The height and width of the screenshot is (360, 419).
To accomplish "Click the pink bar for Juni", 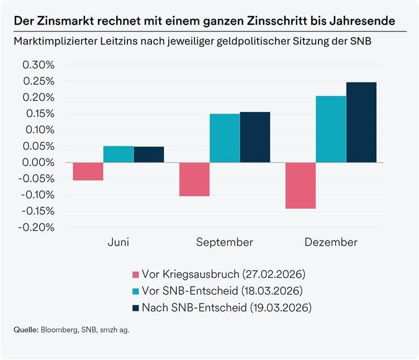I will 88,171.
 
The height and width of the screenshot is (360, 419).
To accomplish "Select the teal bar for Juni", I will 118,154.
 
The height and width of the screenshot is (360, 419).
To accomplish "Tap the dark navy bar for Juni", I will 149,155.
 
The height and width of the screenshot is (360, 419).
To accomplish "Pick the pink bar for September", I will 194,179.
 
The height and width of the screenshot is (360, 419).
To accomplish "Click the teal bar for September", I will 225,138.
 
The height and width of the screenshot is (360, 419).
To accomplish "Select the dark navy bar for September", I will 255,137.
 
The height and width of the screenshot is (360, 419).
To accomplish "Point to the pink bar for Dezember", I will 301,185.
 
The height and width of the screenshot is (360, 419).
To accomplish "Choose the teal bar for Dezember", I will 331,129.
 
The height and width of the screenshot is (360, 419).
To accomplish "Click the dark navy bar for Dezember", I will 361,122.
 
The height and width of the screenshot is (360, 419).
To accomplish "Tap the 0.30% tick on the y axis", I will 39,65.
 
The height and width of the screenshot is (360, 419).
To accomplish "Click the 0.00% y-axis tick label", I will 39,162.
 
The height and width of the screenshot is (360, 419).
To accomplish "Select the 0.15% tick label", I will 39,114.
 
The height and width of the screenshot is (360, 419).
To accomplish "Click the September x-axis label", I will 224,242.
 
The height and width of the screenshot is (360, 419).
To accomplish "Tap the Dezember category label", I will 331,242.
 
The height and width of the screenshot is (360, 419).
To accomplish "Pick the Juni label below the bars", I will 118,242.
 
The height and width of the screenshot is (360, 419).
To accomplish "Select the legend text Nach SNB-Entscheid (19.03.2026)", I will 226,308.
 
